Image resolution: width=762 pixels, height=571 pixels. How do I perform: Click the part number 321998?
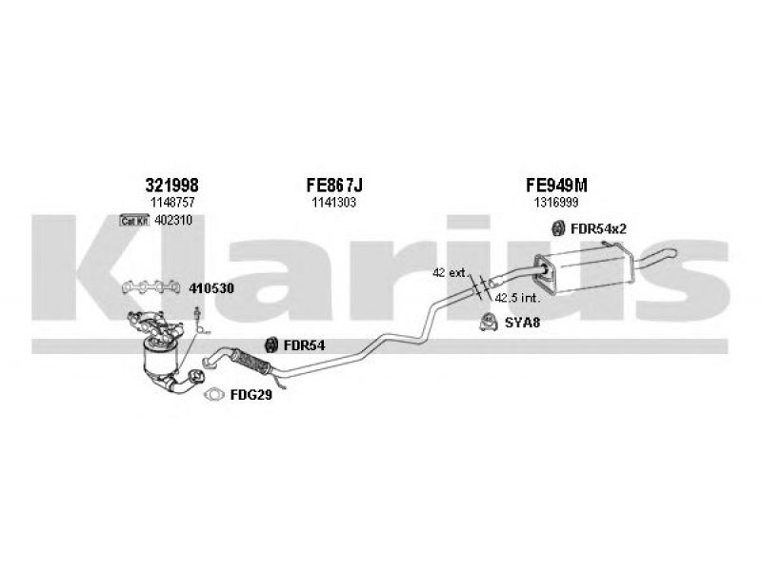pyautogui.click(x=172, y=186)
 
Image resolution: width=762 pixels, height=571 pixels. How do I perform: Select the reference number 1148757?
pyautogui.click(x=172, y=202)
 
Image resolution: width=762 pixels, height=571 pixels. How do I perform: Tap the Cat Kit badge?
pyautogui.click(x=135, y=221)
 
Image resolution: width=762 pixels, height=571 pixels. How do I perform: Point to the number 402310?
pyautogui.click(x=173, y=221)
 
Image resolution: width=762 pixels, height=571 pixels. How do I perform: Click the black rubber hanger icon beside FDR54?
pyautogui.click(x=270, y=345)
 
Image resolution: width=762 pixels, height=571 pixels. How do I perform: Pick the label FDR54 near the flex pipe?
pyautogui.click(x=305, y=345)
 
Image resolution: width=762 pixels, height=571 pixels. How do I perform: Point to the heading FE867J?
pyautogui.click(x=333, y=186)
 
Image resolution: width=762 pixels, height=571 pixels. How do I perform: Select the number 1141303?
pyautogui.click(x=333, y=202)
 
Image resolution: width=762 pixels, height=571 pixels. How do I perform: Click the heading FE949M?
pyautogui.click(x=555, y=186)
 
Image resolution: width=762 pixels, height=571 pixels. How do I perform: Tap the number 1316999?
pyautogui.click(x=555, y=202)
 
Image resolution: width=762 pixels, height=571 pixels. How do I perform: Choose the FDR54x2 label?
pyautogui.click(x=598, y=227)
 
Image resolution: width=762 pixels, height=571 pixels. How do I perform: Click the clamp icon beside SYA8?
pyautogui.click(x=486, y=321)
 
